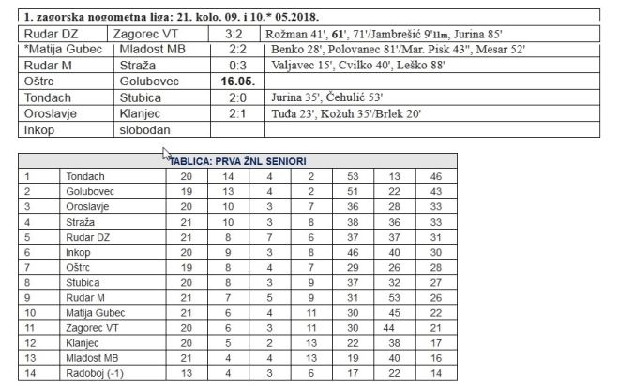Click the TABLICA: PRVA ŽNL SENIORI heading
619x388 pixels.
coord(239,160)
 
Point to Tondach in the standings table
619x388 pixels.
coord(85,175)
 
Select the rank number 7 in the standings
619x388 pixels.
coord(28,266)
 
